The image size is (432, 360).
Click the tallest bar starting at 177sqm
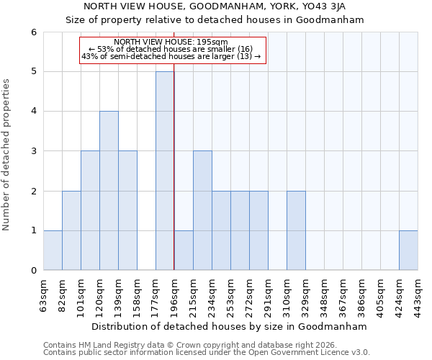point(165,171)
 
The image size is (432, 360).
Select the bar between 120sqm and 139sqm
point(109,191)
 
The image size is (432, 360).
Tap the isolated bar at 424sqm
point(408,250)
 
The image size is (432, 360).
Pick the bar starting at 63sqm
point(53,250)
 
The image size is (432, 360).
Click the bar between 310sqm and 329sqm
point(296,230)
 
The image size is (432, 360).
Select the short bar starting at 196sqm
point(184,250)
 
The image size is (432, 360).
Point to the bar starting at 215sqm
point(202,210)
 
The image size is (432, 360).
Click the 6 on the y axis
point(33,32)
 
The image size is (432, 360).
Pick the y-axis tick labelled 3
point(33,151)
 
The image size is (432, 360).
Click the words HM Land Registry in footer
point(107,345)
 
